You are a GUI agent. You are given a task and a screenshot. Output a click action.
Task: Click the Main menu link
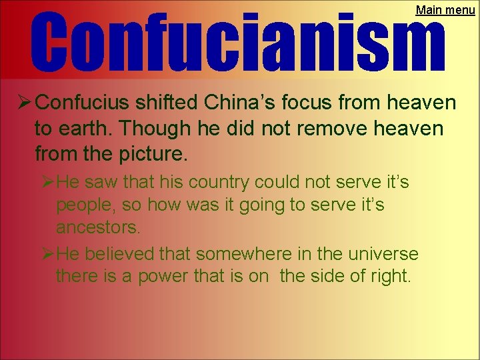click(445, 10)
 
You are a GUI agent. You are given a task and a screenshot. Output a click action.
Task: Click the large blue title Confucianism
click(237, 41)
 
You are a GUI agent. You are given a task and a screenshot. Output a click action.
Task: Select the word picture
click(154, 155)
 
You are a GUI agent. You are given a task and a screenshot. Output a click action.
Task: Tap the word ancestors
click(98, 227)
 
